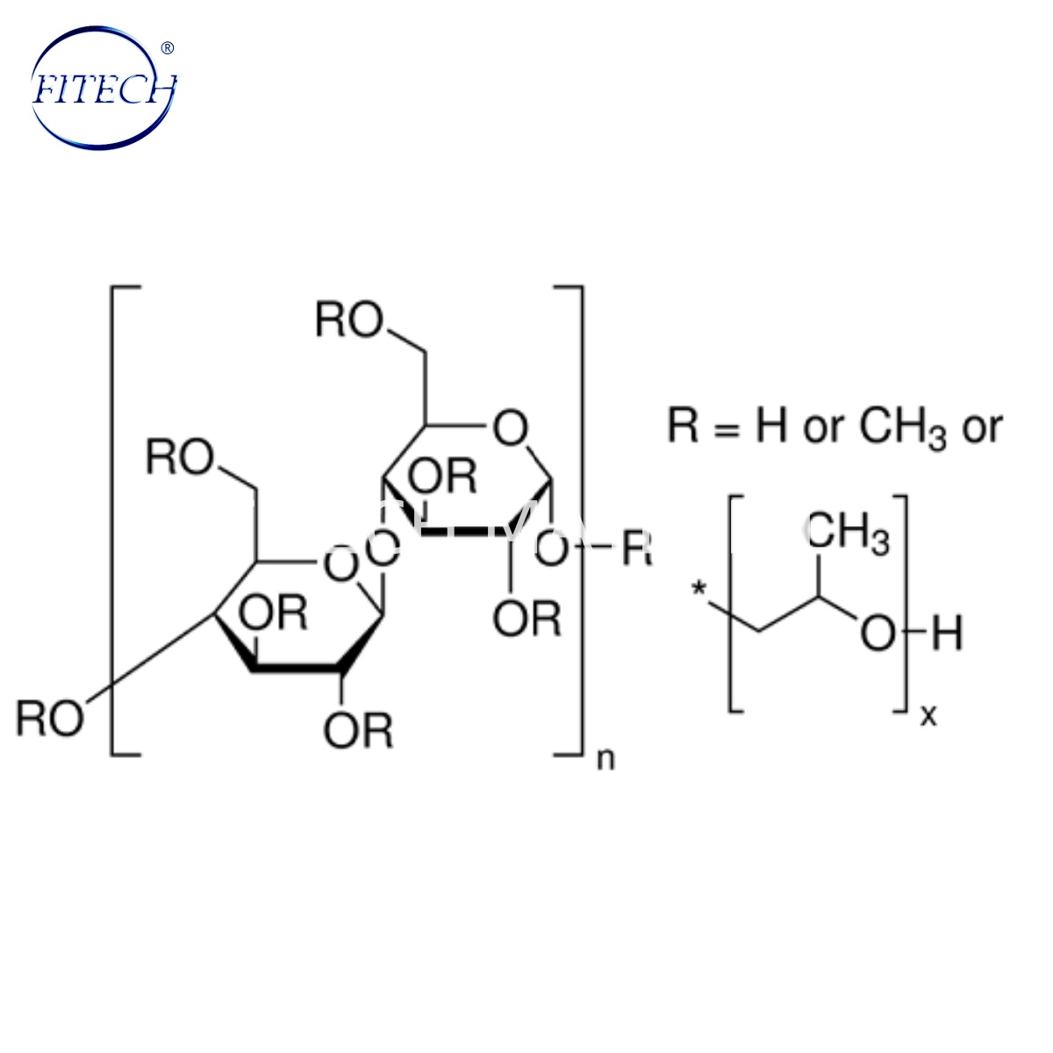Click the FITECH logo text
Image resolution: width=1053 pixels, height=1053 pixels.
(104, 90)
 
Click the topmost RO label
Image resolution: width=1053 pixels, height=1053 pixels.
(349, 322)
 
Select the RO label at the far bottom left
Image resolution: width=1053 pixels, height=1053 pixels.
(50, 719)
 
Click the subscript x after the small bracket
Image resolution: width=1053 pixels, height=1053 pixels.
(928, 716)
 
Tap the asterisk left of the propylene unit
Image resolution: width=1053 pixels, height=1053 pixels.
(700, 589)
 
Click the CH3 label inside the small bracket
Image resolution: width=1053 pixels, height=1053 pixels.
(847, 534)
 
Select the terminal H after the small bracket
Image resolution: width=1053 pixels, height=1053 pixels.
(948, 634)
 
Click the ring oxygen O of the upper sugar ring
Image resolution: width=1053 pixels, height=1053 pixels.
(511, 431)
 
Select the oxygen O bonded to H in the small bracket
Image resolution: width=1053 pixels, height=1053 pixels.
(877, 634)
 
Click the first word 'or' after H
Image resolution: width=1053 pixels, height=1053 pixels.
(823, 428)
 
